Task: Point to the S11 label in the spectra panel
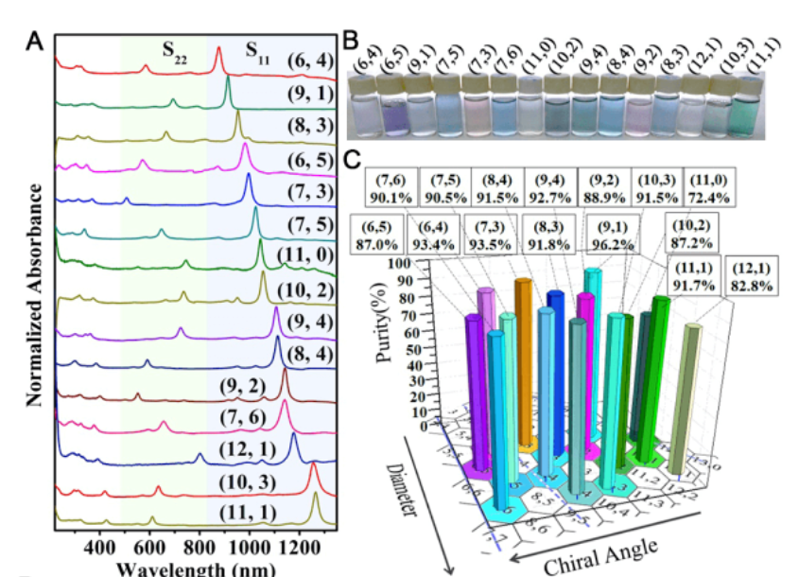pyautogui.click(x=256, y=50)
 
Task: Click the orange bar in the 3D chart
pyautogui.click(x=521, y=359)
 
